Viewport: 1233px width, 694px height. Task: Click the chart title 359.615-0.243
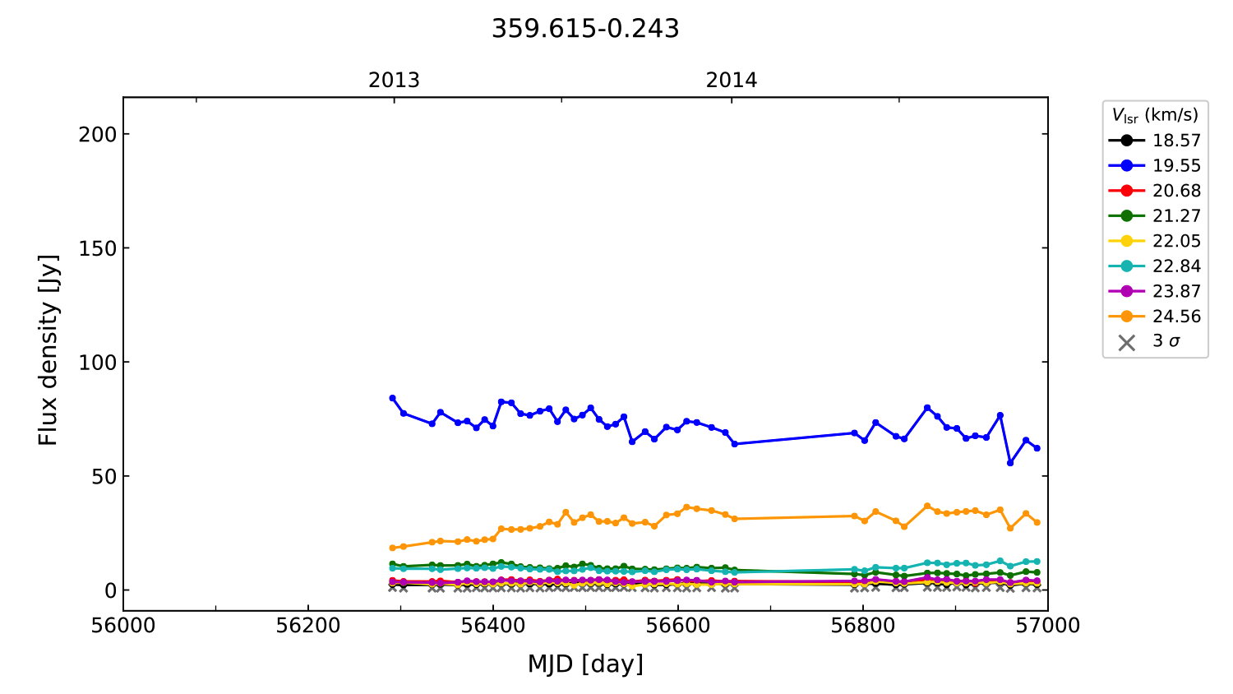pyautogui.click(x=585, y=29)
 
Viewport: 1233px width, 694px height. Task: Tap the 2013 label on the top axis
pyautogui.click(x=394, y=81)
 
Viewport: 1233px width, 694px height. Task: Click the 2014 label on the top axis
pyautogui.click(x=732, y=81)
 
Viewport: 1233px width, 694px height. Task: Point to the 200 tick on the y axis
pyautogui.click(x=97, y=134)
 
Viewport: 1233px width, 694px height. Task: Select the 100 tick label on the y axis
pyautogui.click(x=97, y=363)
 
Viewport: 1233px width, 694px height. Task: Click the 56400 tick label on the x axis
pyautogui.click(x=493, y=626)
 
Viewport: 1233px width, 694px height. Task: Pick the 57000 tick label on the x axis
pyautogui.click(x=1047, y=626)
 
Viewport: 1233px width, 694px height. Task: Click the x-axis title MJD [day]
pyautogui.click(x=585, y=664)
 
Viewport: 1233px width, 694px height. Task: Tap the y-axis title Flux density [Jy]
pyautogui.click(x=48, y=350)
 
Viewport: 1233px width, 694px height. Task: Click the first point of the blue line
pyautogui.click(x=392, y=398)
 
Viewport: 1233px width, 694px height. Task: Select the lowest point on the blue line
pyautogui.click(x=1010, y=463)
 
